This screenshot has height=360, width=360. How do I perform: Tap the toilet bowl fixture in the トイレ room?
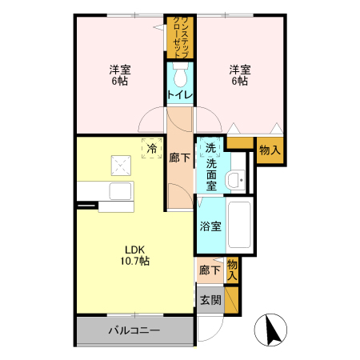point(180,78)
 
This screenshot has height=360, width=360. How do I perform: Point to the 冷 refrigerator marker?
point(150,148)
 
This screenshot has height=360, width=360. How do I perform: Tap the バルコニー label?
point(134,330)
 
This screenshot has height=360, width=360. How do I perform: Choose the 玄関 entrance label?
point(210,300)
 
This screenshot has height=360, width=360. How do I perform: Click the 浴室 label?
point(210,226)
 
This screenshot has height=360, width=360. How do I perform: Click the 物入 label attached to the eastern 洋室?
point(270,150)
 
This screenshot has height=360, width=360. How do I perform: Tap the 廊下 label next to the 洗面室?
point(180,158)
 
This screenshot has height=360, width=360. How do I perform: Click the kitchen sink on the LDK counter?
point(121,192)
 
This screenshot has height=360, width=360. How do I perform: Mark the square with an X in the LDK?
point(121,166)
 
